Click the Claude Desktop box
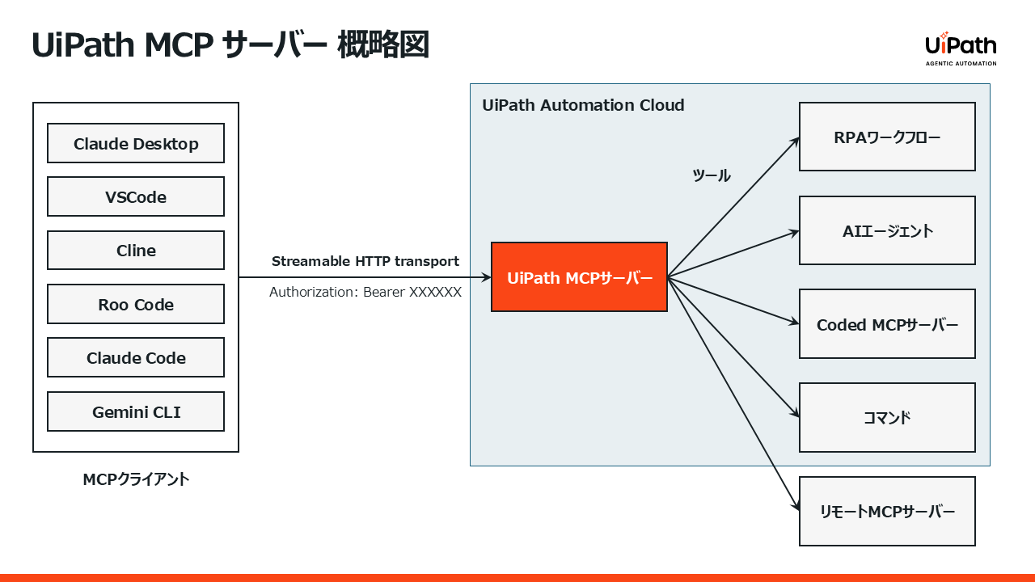coord(136,144)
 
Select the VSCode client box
coord(136,197)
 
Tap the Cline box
coord(136,251)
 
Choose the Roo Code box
coord(136,305)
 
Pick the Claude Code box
coord(136,358)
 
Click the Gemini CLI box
coord(136,412)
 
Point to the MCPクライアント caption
coord(136,479)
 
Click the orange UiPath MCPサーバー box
coord(579,277)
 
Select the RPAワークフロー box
coord(887,137)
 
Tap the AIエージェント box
coord(887,230)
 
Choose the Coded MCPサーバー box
coord(887,324)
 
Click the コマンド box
coord(887,418)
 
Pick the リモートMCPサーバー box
coord(887,511)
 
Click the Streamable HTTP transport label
coord(365,261)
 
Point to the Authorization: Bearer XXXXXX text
coord(365,292)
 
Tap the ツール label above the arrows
coord(712,175)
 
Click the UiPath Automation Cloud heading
coord(583,105)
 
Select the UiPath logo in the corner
coord(961,48)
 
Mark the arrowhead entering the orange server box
coord(487,277)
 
